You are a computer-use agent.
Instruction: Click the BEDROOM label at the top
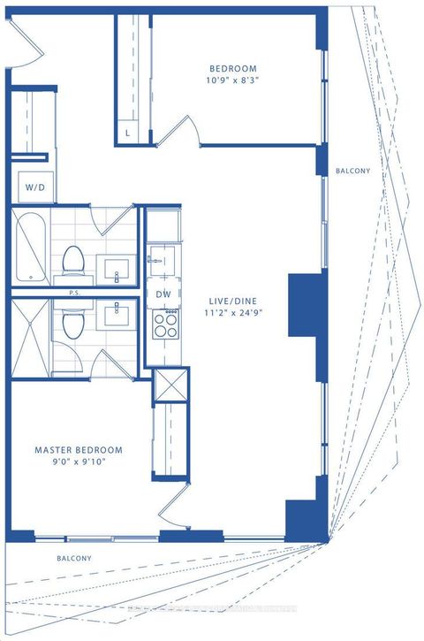pyautogui.click(x=232, y=70)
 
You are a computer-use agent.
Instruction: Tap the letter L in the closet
pyautogui.click(x=128, y=133)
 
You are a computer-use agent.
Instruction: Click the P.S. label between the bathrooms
pyautogui.click(x=74, y=292)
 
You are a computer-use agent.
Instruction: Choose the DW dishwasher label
pyautogui.click(x=163, y=294)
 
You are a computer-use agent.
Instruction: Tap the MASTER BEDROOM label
pyautogui.click(x=79, y=450)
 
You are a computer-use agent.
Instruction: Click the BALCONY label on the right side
pyautogui.click(x=352, y=172)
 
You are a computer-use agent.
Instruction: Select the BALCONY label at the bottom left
pyautogui.click(x=74, y=558)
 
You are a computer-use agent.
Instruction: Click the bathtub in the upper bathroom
pyautogui.click(x=31, y=247)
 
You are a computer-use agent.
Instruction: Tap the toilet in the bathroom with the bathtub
pyautogui.click(x=72, y=259)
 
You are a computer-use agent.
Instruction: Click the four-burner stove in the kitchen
pyautogui.click(x=163, y=324)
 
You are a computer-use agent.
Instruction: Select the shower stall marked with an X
pyautogui.click(x=30, y=336)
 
